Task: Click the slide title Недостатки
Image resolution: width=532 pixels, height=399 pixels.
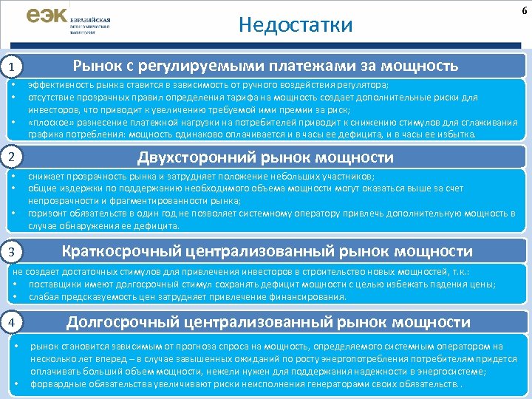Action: point(296,25)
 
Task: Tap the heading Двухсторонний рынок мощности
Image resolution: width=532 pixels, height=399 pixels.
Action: point(267,157)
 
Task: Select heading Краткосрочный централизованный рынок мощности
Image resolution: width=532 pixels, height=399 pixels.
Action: point(267,252)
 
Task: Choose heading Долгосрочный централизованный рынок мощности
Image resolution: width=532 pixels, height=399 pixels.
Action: point(268,322)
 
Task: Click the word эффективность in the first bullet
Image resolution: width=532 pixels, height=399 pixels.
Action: point(53,86)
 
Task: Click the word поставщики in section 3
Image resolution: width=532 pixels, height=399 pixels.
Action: point(54,284)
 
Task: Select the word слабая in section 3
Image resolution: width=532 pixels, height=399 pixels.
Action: point(43,296)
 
